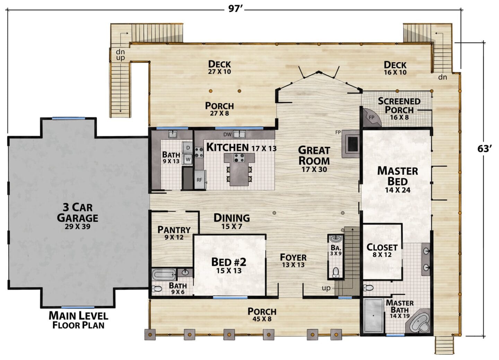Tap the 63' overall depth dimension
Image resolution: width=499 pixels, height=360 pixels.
point(484,149)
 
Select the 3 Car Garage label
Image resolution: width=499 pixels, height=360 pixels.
point(78,216)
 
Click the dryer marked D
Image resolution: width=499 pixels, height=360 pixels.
point(187,148)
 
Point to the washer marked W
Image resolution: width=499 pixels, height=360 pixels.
point(188,159)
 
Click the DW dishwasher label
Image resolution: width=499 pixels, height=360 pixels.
point(227,134)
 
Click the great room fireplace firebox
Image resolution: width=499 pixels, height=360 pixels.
point(353,144)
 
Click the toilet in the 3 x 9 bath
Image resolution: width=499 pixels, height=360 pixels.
point(335,272)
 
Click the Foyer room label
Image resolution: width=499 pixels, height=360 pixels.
point(293,260)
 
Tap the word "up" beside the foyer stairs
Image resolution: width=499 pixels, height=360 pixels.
point(326,288)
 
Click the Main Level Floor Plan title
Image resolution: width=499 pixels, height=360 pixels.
point(78,320)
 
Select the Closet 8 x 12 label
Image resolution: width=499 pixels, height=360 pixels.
point(382,251)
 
